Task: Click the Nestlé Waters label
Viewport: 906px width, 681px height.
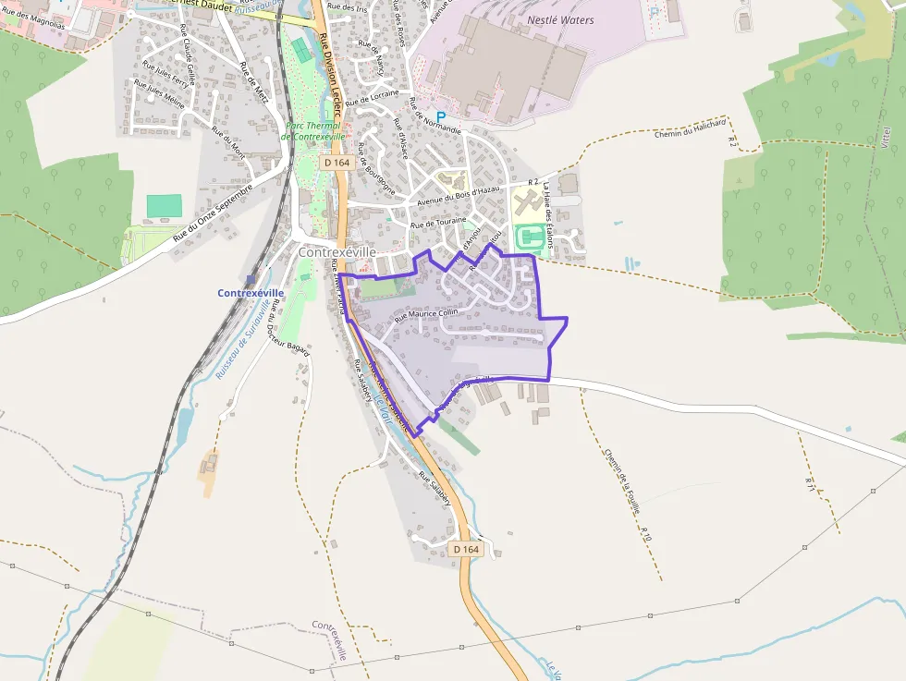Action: coord(560,19)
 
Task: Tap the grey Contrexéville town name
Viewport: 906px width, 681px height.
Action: coord(337,251)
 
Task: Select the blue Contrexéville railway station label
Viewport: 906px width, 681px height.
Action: coord(251,293)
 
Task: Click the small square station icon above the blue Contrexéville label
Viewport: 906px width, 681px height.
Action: coord(251,279)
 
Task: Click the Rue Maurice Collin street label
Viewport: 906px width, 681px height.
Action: coord(425,314)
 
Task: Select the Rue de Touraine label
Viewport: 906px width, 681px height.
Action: coord(440,223)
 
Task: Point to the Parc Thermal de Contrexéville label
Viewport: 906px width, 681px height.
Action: coord(313,131)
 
